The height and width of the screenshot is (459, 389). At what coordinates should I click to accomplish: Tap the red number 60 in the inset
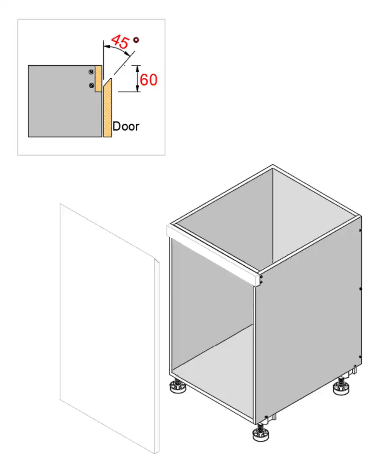[148, 80]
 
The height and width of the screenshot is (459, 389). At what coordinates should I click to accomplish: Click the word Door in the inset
[126, 126]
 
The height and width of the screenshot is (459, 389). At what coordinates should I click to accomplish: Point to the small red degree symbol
[136, 40]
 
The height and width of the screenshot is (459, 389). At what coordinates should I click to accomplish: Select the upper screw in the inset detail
[91, 72]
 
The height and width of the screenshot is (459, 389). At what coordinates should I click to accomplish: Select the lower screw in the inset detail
[91, 86]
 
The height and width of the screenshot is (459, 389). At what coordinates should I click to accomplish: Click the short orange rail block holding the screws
[98, 78]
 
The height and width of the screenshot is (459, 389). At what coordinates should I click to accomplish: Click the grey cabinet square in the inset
[61, 104]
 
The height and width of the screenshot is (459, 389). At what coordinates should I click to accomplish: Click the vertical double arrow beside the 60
[137, 78]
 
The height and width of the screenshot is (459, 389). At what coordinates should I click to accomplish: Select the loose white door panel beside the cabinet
[108, 328]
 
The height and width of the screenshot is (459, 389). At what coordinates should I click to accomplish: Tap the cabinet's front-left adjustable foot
[178, 387]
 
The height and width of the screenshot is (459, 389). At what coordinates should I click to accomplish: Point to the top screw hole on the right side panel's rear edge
[360, 230]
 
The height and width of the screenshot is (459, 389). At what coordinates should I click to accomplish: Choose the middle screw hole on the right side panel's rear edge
[360, 288]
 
